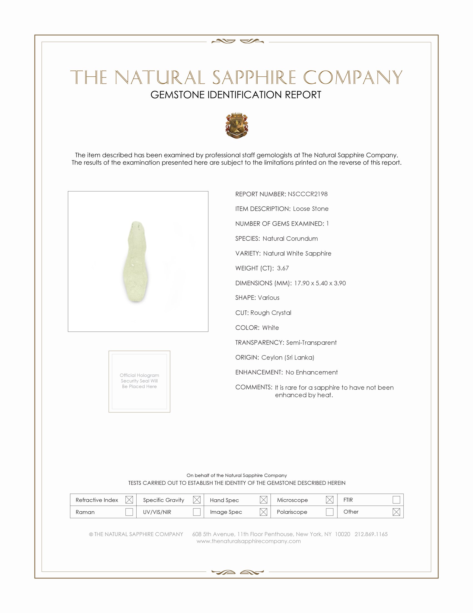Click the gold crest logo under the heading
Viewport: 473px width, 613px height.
pyautogui.click(x=237, y=125)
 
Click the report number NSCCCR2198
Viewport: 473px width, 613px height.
pyautogui.click(x=307, y=194)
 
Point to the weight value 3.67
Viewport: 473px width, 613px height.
pyautogui.click(x=283, y=268)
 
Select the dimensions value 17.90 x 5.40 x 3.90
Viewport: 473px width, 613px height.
pyautogui.click(x=320, y=283)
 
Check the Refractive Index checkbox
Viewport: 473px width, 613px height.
pyautogui.click(x=129, y=500)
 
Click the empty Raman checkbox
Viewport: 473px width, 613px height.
pyautogui.click(x=129, y=512)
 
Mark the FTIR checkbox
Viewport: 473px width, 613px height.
pyautogui.click(x=396, y=500)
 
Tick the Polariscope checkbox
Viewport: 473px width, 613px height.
pyautogui.click(x=329, y=512)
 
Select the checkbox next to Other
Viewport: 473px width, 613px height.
pyautogui.click(x=396, y=512)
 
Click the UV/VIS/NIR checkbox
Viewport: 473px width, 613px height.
pyautogui.click(x=196, y=512)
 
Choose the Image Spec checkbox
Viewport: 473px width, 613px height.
pyautogui.click(x=263, y=512)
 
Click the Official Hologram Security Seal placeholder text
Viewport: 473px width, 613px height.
pyautogui.click(x=139, y=381)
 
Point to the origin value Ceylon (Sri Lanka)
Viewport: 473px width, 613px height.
pyautogui.click(x=287, y=357)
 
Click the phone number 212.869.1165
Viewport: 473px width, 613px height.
pyautogui.click(x=371, y=534)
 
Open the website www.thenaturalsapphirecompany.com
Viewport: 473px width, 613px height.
pyautogui.click(x=248, y=541)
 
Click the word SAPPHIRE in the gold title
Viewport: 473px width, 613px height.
pyautogui.click(x=254, y=77)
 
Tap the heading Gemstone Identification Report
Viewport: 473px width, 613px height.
pyautogui.click(x=236, y=95)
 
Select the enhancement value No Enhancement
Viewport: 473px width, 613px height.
pyautogui.click(x=311, y=372)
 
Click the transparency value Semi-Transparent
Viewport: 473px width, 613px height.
pyautogui.click(x=311, y=342)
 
